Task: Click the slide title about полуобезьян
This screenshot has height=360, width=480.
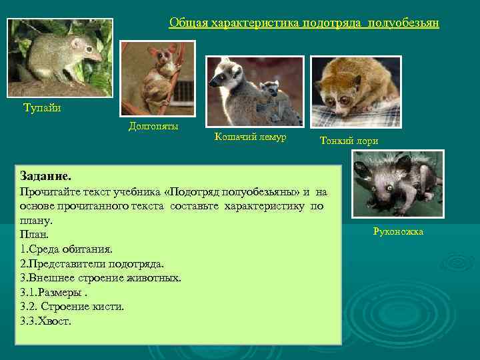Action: point(304,23)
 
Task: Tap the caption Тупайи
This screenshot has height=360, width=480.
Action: point(42,107)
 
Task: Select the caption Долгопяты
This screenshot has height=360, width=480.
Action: point(153,126)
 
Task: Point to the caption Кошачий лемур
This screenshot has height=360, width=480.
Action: point(250,137)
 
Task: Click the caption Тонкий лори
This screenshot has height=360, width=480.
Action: point(349,141)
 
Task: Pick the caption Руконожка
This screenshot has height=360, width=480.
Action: point(397,231)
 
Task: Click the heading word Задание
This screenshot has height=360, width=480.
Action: point(45,177)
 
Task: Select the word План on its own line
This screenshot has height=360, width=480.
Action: point(35,235)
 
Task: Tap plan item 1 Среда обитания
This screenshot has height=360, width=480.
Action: point(66,249)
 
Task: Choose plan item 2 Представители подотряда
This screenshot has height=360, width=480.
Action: point(92,263)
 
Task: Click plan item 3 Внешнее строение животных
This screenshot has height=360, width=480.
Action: point(101,278)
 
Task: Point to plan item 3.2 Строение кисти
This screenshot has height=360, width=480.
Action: point(72,307)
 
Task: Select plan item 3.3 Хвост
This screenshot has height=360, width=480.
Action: point(45,321)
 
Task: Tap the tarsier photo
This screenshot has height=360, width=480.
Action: point(157,78)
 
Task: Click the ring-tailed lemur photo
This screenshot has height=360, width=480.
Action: point(255,91)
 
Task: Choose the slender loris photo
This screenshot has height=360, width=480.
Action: point(355,91)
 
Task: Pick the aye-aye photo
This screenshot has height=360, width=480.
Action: point(397,184)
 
